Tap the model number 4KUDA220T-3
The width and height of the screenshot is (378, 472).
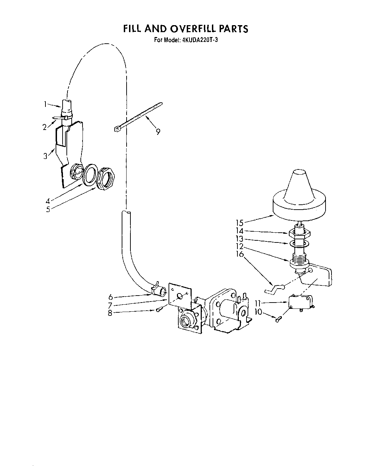click(200, 40)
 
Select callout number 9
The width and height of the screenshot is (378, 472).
click(158, 132)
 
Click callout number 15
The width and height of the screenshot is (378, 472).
click(239, 223)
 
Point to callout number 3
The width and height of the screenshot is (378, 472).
click(45, 156)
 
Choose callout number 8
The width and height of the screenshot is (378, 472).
click(110, 313)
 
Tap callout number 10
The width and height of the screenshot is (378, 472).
click(258, 311)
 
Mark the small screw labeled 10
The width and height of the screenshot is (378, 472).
click(278, 319)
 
